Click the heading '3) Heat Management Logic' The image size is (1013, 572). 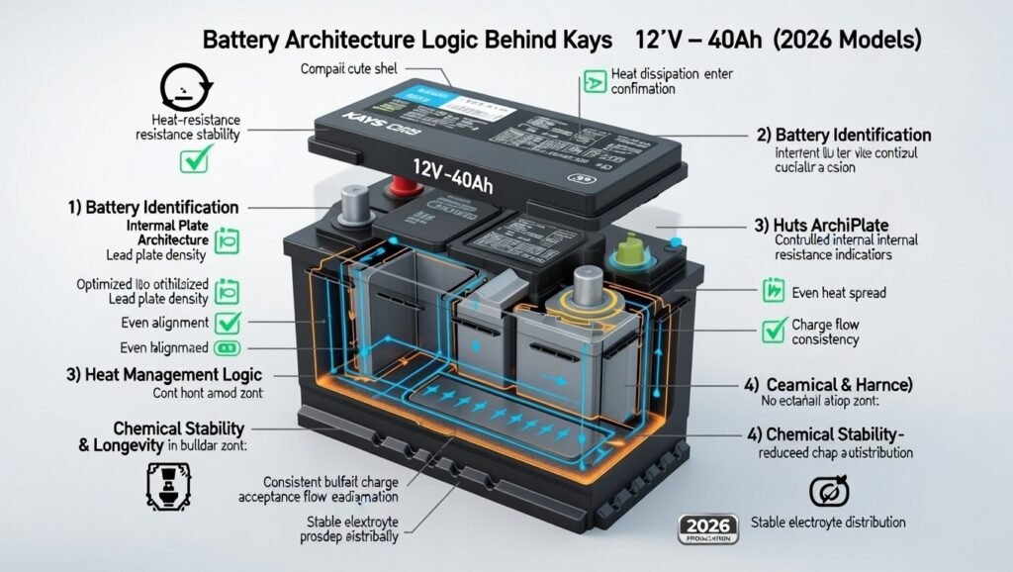coord(174,375)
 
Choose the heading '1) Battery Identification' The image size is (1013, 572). coord(153,208)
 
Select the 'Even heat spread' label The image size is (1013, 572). coord(839,292)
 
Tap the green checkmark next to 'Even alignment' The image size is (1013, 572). coord(230,322)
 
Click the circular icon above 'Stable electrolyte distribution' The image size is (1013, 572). coord(824,491)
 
